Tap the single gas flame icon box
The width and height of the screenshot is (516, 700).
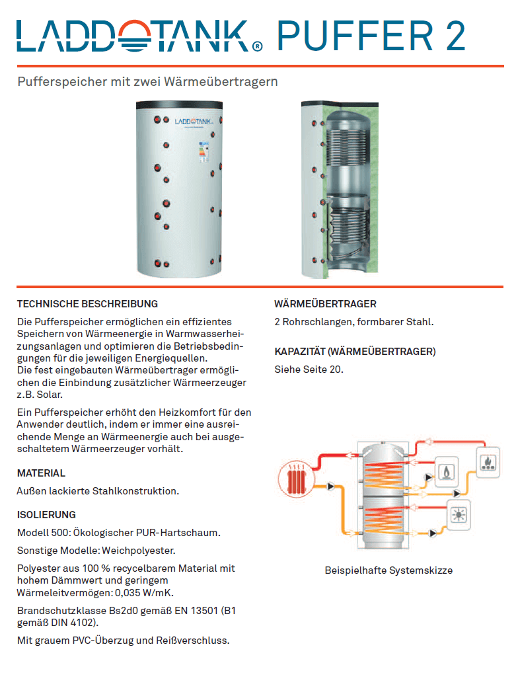447,471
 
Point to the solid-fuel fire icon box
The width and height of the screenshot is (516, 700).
489,459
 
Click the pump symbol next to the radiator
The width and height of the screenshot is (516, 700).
330,486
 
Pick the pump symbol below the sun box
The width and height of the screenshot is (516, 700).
433,532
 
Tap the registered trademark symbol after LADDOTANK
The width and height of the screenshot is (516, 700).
257,46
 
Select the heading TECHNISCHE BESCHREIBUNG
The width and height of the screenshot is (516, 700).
87,304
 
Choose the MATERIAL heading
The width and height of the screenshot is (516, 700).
41,473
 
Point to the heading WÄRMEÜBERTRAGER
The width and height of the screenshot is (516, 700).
325,304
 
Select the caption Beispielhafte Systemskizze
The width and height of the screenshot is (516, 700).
388,570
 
